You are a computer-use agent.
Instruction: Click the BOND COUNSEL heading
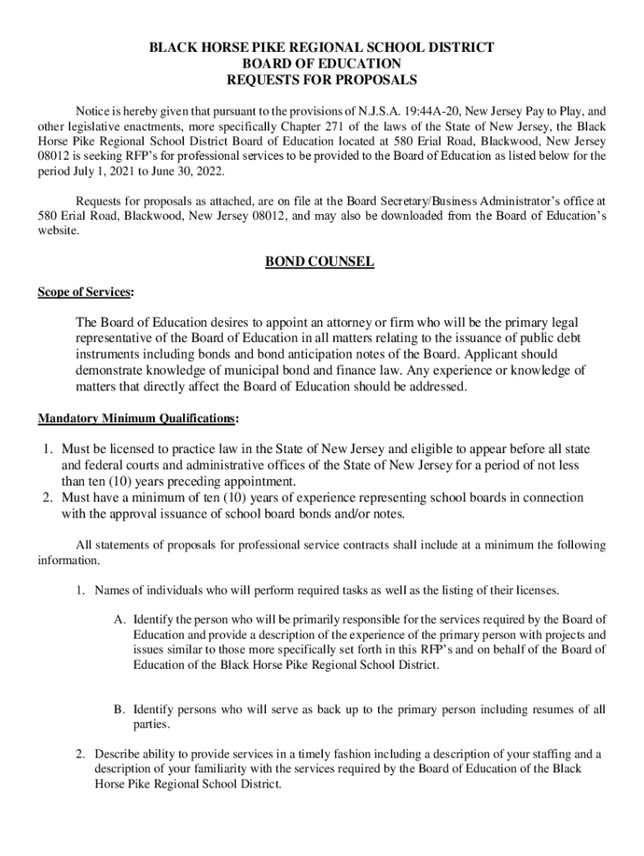[319, 262]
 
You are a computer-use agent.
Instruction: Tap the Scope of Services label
[84, 293]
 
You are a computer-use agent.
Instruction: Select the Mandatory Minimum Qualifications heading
[137, 418]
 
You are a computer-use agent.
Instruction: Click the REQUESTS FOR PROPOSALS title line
[321, 80]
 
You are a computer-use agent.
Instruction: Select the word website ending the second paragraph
[58, 232]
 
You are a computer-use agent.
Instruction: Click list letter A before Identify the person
[120, 620]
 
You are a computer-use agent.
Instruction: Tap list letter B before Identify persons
[120, 710]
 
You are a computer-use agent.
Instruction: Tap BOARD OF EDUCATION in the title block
[321, 64]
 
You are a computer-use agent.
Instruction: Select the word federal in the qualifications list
[99, 466]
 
